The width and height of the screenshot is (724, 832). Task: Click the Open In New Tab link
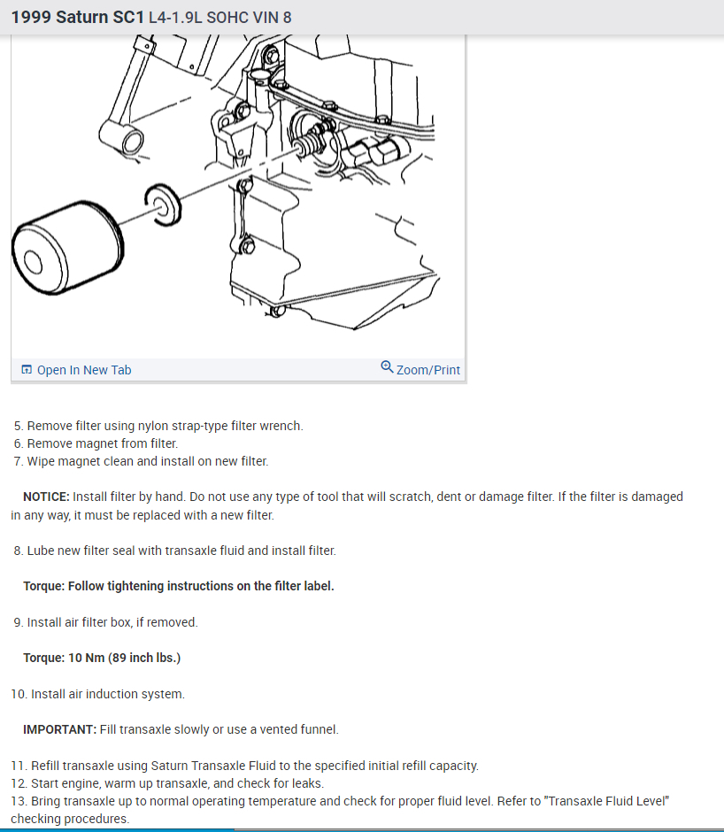83,370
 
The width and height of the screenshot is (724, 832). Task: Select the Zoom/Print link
428,370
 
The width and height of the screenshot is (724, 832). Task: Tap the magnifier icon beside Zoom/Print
387,367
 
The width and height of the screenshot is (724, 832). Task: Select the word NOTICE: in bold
46,497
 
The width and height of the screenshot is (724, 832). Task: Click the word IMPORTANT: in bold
59,729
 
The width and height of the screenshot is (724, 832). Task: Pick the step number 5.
19,426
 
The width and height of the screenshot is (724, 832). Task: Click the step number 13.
19,801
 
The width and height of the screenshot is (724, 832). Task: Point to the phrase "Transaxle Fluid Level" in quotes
607,801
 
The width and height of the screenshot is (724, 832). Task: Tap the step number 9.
19,622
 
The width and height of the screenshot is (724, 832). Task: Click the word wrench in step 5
282,426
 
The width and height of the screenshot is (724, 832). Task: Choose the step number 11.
19,766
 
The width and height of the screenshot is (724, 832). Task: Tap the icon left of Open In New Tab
27,370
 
